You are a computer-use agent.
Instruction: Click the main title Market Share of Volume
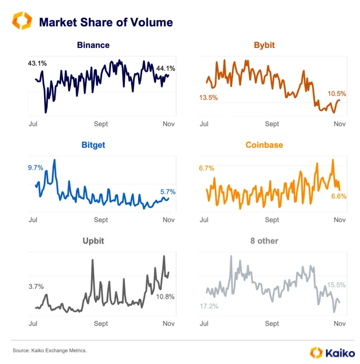coord(106,22)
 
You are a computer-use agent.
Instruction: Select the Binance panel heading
coord(93,45)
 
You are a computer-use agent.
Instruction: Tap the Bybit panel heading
coord(264,45)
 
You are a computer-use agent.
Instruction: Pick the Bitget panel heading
coord(93,145)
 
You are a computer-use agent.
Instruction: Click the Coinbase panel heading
coord(264,145)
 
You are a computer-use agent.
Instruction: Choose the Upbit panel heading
coord(93,241)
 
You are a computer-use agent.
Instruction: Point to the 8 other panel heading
coord(264,241)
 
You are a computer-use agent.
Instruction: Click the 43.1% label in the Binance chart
coord(37,64)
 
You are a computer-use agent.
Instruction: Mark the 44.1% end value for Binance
coord(166,69)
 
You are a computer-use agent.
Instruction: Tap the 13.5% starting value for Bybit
coord(208,97)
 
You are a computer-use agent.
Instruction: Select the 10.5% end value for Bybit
coord(337,94)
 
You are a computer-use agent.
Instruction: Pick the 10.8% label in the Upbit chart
coord(165,296)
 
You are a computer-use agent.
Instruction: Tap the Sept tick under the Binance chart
coord(101,124)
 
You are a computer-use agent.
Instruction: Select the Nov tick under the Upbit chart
coord(168,323)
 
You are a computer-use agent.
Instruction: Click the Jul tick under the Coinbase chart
coord(204,220)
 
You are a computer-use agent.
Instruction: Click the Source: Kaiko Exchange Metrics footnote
coord(50,350)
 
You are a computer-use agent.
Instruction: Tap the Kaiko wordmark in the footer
coord(339,353)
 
